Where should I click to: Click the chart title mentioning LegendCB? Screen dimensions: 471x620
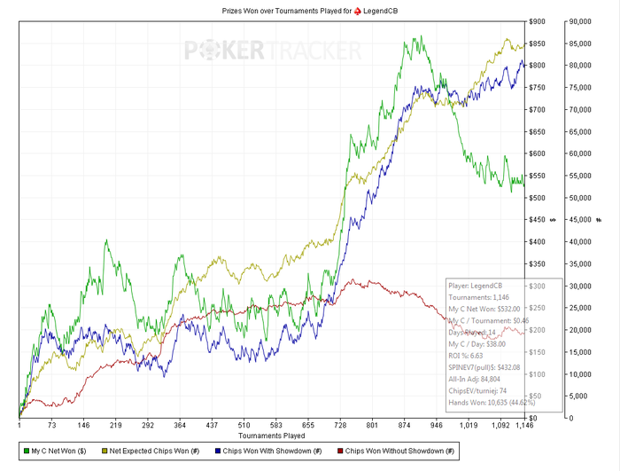pyautogui.click(x=310, y=8)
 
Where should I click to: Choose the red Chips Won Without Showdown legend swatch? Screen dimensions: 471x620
pyautogui.click(x=339, y=451)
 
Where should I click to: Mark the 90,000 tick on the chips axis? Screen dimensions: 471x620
pyautogui.click(x=581, y=21)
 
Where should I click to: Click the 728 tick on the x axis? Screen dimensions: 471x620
pyautogui.click(x=340, y=426)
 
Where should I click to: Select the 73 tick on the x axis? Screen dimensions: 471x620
pyautogui.click(x=51, y=426)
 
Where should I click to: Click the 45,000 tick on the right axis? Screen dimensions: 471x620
pyautogui.click(x=581, y=220)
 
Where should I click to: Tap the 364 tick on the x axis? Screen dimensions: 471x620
pyautogui.click(x=180, y=426)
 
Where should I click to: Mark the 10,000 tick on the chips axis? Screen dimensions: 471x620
pyautogui.click(x=581, y=373)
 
